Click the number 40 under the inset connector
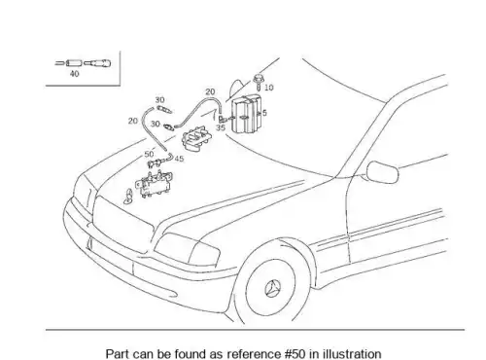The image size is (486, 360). tap(74, 74)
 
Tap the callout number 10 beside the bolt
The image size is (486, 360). tap(269, 88)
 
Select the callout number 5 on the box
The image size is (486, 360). tap(264, 113)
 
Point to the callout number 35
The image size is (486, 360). tap(221, 127)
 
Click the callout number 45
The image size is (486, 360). tap(179, 159)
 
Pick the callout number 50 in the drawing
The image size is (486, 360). tap(149, 154)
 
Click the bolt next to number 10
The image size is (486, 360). tap(258, 83)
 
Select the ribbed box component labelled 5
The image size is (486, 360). tap(246, 114)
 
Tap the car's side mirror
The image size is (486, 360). tap(382, 172)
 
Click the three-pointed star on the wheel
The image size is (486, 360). tap(272, 289)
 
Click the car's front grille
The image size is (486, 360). tap(123, 224)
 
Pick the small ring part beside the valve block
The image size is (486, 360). tap(128, 197)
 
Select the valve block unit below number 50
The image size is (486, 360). tap(155, 184)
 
